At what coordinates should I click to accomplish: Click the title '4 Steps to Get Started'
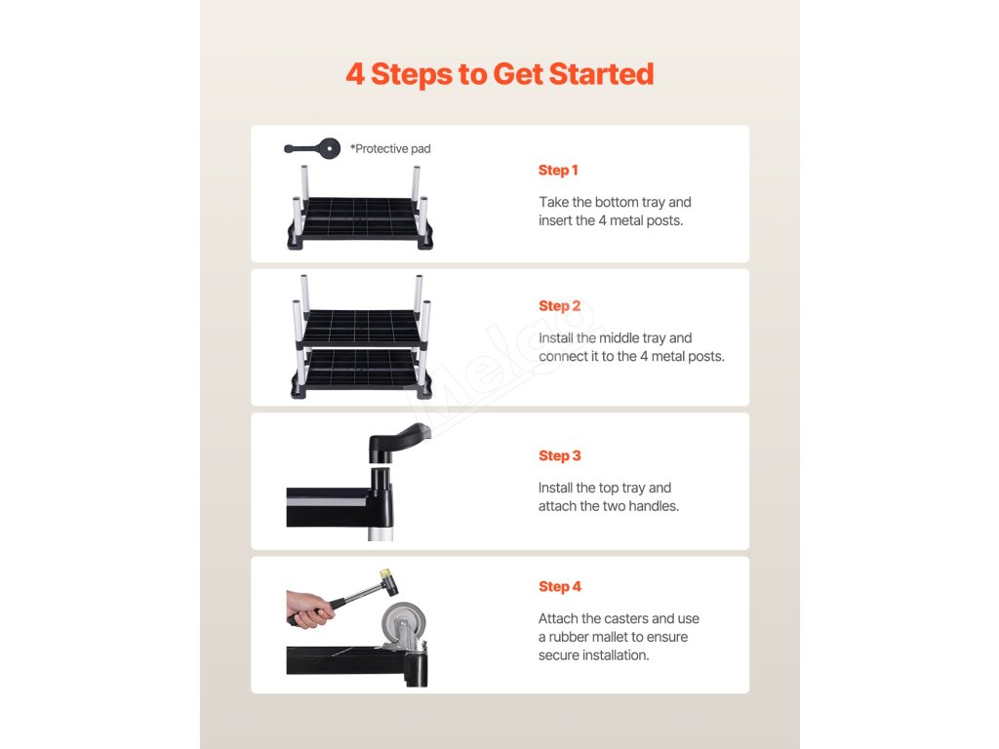coord(499,74)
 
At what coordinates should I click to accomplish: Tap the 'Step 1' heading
coord(558,170)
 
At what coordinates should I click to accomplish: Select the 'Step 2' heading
coord(559,305)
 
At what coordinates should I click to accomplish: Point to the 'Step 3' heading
coord(559,455)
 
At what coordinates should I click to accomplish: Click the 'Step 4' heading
coord(559,586)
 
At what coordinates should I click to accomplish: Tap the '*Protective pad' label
coord(390,149)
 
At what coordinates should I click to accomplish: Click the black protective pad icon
coord(312,148)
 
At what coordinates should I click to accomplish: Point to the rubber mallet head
coord(389,583)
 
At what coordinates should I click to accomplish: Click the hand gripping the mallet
coord(309,609)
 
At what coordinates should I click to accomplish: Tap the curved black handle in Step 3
coord(398,440)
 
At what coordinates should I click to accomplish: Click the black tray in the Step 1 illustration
coord(361,218)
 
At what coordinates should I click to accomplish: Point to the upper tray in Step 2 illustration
coord(361,328)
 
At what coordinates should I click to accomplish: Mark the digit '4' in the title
coord(355,74)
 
